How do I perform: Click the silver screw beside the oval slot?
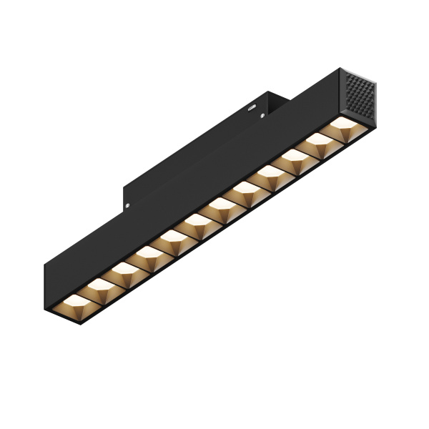[x=262, y=114]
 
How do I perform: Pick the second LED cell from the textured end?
[x=322, y=149]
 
